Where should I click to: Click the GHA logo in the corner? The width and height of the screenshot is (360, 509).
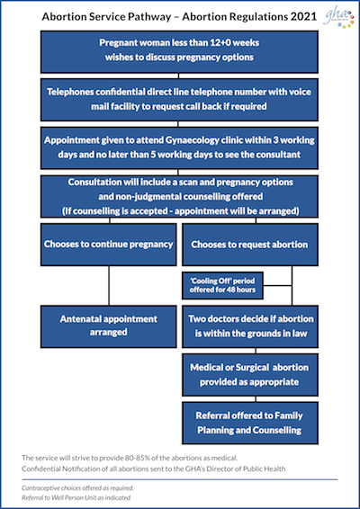pos(338,19)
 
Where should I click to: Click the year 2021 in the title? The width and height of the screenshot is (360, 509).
pos(303,17)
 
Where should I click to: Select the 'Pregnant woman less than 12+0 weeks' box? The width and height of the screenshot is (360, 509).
pos(179,52)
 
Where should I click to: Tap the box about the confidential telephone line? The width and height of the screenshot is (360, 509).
pos(179,100)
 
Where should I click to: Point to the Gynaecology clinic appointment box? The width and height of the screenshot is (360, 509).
pos(179,148)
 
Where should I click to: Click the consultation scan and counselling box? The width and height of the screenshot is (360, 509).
pos(179,196)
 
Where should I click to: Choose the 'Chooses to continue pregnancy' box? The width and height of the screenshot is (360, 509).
pos(109,245)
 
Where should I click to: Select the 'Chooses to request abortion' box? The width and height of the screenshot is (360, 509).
pos(250,245)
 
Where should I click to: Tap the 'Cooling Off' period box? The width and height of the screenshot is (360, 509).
pos(222,286)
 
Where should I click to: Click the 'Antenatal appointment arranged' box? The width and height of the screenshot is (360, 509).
pos(109,326)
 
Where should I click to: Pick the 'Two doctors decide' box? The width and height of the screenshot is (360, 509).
pos(250,326)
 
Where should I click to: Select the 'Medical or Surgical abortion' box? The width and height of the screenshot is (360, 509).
pos(250,375)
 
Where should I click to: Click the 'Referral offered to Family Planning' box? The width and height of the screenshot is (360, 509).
pos(250,423)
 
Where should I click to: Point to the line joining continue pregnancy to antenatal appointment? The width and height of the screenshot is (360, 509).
pos(109,285)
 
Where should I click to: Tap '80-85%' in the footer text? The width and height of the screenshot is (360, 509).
pos(137,459)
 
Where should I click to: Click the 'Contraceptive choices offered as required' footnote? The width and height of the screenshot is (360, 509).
pos(77,488)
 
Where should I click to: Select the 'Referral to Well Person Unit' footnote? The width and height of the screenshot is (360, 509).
pos(76,497)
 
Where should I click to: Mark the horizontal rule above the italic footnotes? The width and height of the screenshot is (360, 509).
pos(180,479)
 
